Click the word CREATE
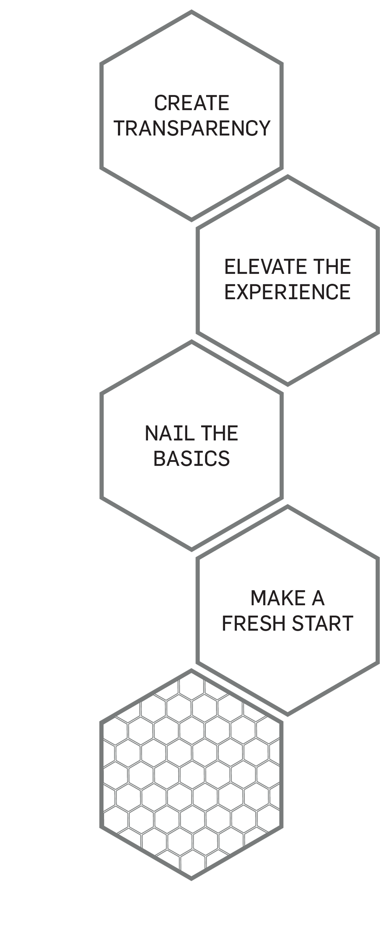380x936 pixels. [191, 103]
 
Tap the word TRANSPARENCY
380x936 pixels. [191, 129]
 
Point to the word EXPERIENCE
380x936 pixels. [287, 292]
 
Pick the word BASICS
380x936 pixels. [191, 459]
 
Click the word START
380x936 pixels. [322, 623]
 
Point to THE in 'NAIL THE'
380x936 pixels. [219, 433]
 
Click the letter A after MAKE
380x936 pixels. [318, 598]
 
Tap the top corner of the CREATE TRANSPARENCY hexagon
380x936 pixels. [191, 12]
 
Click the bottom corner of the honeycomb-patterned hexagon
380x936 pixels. [191, 879]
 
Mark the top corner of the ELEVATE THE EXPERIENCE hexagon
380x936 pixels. [288, 177]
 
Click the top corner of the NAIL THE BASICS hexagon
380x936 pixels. [191, 341]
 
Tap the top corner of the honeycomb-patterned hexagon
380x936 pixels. [191, 670]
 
